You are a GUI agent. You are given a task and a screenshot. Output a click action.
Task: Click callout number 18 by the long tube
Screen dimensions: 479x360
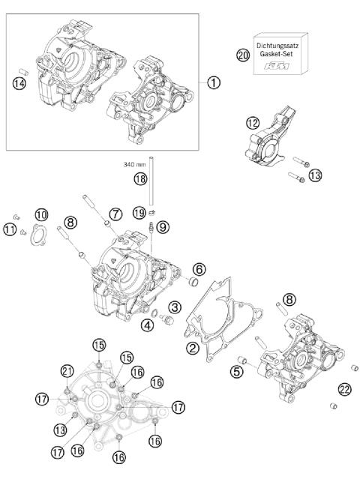(x=140, y=178)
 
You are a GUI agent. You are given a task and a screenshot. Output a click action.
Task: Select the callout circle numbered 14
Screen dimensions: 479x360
(x=20, y=84)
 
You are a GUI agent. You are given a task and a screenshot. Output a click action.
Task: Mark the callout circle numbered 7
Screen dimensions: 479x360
(x=115, y=214)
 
